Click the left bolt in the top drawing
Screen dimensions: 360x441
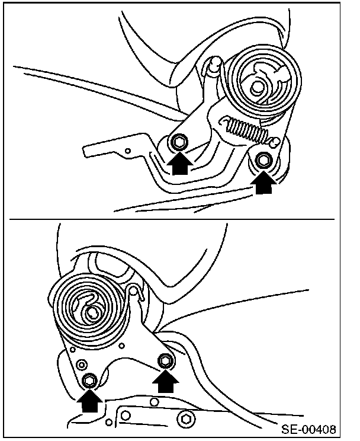pyautogui.click(x=179, y=143)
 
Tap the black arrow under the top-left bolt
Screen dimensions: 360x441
pyautogui.click(x=179, y=162)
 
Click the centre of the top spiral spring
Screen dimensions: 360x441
pyautogui.click(x=258, y=85)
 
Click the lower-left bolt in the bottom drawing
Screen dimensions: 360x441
pyautogui.click(x=89, y=380)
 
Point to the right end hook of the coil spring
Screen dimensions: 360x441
pyautogui.click(x=273, y=140)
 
